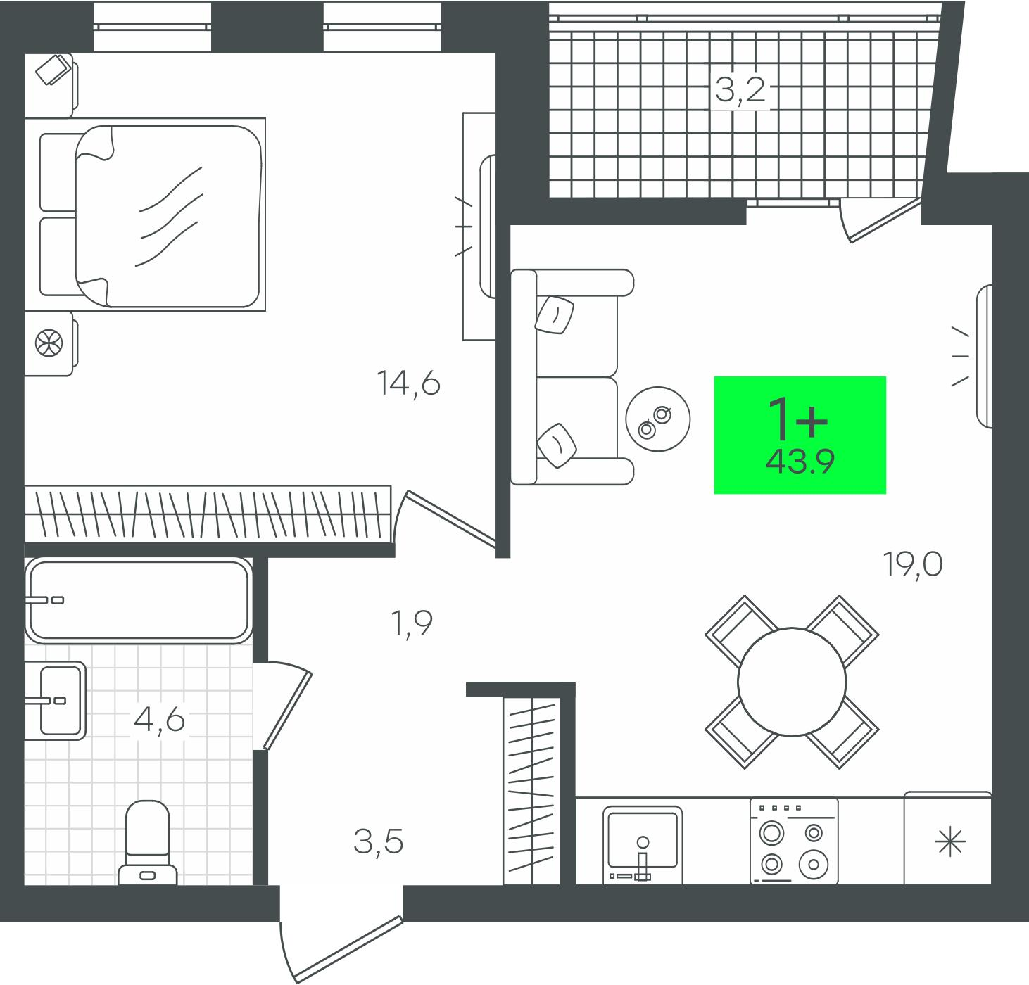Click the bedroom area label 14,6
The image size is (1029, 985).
(409, 383)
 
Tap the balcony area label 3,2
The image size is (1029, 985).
(740, 89)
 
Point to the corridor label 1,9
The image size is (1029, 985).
(411, 624)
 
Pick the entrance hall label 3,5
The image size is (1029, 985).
(378, 841)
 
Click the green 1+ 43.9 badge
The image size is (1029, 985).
(800, 435)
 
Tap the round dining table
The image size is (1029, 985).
(792, 682)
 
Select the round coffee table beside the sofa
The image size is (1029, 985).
(658, 419)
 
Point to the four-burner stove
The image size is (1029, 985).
(794, 841)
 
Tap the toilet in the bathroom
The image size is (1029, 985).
(148, 843)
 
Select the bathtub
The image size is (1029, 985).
(139, 600)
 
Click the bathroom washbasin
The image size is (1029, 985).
(56, 700)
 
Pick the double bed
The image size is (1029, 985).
(152, 215)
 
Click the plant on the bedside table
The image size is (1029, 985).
(49, 343)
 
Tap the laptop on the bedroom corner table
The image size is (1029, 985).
(53, 69)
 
